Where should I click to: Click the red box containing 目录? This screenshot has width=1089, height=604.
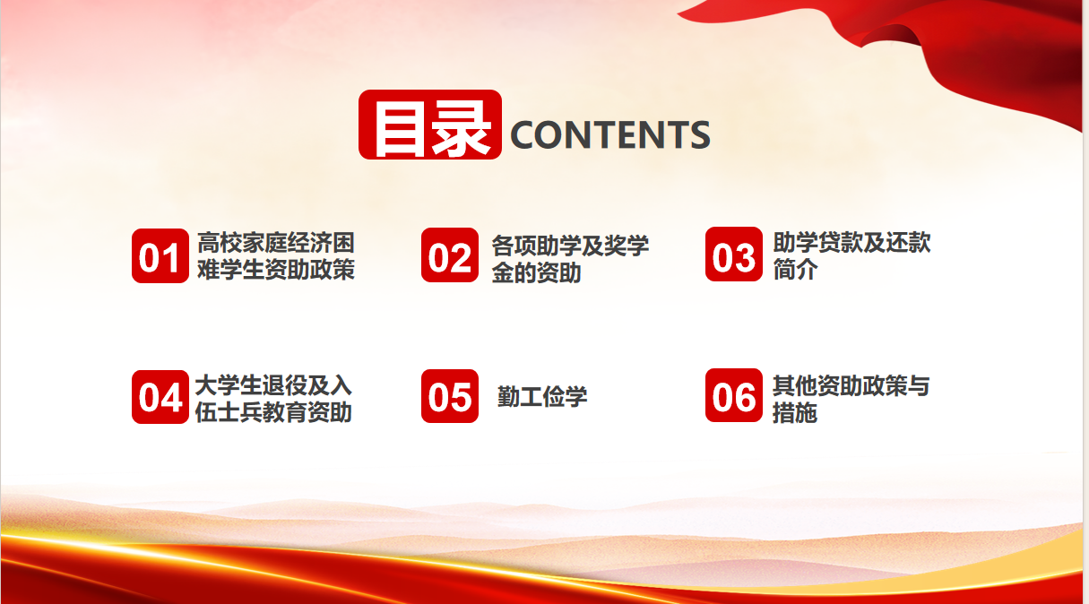pos(429,125)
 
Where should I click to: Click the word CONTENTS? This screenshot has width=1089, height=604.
pos(610,134)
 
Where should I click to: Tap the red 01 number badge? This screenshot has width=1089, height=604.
pos(160,255)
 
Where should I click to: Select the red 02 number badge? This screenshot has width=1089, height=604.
pos(450,255)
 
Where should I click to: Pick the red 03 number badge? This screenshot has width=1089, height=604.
pos(733,254)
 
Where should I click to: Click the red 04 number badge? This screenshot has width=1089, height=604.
pos(160,396)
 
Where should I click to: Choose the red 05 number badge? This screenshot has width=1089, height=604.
pos(450,395)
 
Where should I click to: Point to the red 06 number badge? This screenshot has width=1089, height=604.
pos(733,394)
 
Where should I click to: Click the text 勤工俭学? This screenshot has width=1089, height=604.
pos(542,396)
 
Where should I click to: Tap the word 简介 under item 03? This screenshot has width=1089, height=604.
pos(795,269)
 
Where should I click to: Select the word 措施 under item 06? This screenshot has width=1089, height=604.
pos(795,412)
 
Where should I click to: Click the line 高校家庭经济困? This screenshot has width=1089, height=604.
pos(276,243)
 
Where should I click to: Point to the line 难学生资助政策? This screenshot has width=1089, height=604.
pos(276,269)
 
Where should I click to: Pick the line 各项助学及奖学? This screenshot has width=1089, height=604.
pos(570,246)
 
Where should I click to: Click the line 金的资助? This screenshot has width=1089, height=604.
pos(536,272)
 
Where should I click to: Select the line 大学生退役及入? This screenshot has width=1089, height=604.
pos(273,385)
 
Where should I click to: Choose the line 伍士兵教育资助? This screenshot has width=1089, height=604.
pos(273,412)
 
